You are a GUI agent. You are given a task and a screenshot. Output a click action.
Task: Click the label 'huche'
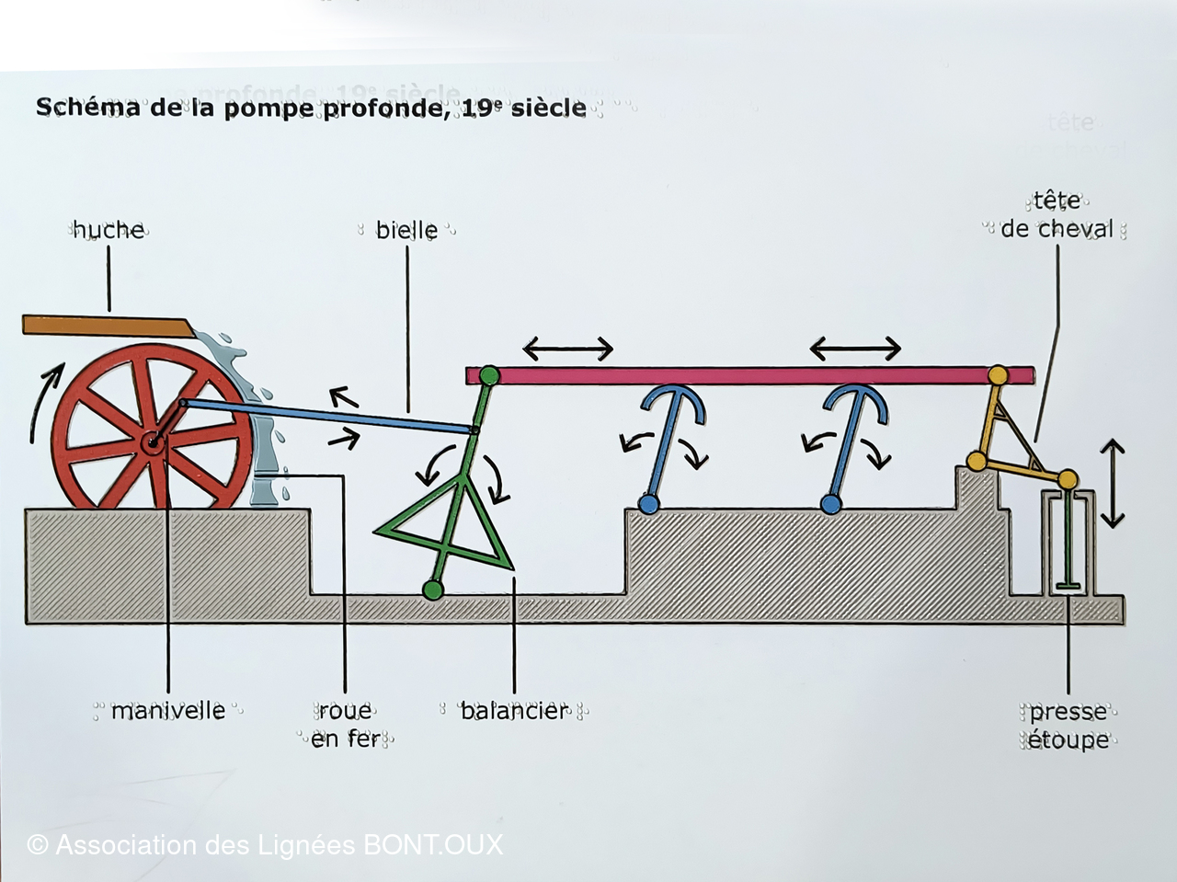(x=109, y=230)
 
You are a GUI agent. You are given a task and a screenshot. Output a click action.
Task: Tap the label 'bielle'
(x=406, y=230)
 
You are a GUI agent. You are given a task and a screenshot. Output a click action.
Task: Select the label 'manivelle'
(x=167, y=711)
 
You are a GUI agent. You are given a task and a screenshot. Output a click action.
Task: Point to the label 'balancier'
(x=514, y=711)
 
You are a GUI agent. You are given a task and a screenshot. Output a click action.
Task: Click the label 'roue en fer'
(x=345, y=725)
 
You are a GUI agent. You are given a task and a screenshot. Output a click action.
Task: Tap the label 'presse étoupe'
(x=1068, y=726)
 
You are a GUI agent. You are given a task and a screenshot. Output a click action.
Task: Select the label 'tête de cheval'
(x=1057, y=215)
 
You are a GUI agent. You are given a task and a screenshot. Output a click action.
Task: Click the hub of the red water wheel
(x=152, y=444)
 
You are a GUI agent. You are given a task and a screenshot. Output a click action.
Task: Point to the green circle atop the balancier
(x=489, y=375)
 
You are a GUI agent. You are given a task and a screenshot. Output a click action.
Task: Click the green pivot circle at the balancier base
(x=431, y=590)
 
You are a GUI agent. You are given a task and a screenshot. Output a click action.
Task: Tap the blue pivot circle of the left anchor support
(x=648, y=504)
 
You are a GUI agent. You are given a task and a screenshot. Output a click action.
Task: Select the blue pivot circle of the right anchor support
(x=830, y=504)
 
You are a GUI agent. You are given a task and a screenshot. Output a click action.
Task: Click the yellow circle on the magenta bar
(x=997, y=375)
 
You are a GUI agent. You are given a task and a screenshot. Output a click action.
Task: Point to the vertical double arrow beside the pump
(x=1113, y=484)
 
